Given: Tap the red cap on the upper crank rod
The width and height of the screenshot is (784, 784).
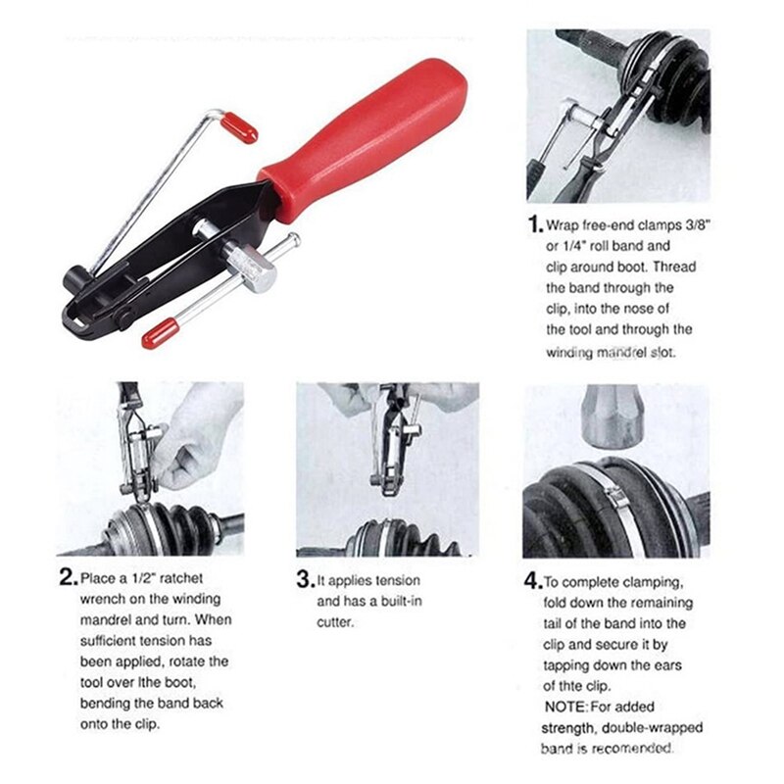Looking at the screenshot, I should (238, 127).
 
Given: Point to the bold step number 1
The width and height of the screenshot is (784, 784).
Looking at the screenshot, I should (534, 224).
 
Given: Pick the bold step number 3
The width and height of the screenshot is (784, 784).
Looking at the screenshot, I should (305, 578).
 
